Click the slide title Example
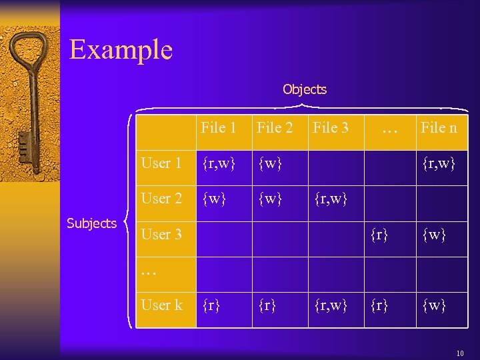point(121,49)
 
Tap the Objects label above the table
point(305,89)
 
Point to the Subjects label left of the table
point(92,223)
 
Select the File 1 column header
point(219,127)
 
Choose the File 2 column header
point(275,127)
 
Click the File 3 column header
point(331,127)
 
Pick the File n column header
point(438,127)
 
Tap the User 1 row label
point(161,163)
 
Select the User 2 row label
point(161,198)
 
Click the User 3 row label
point(161,234)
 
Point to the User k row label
point(161,305)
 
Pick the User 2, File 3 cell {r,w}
point(330,198)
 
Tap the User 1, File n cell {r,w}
point(437,163)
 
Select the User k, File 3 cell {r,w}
point(330,305)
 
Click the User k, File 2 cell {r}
point(269,305)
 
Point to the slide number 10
point(460,353)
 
